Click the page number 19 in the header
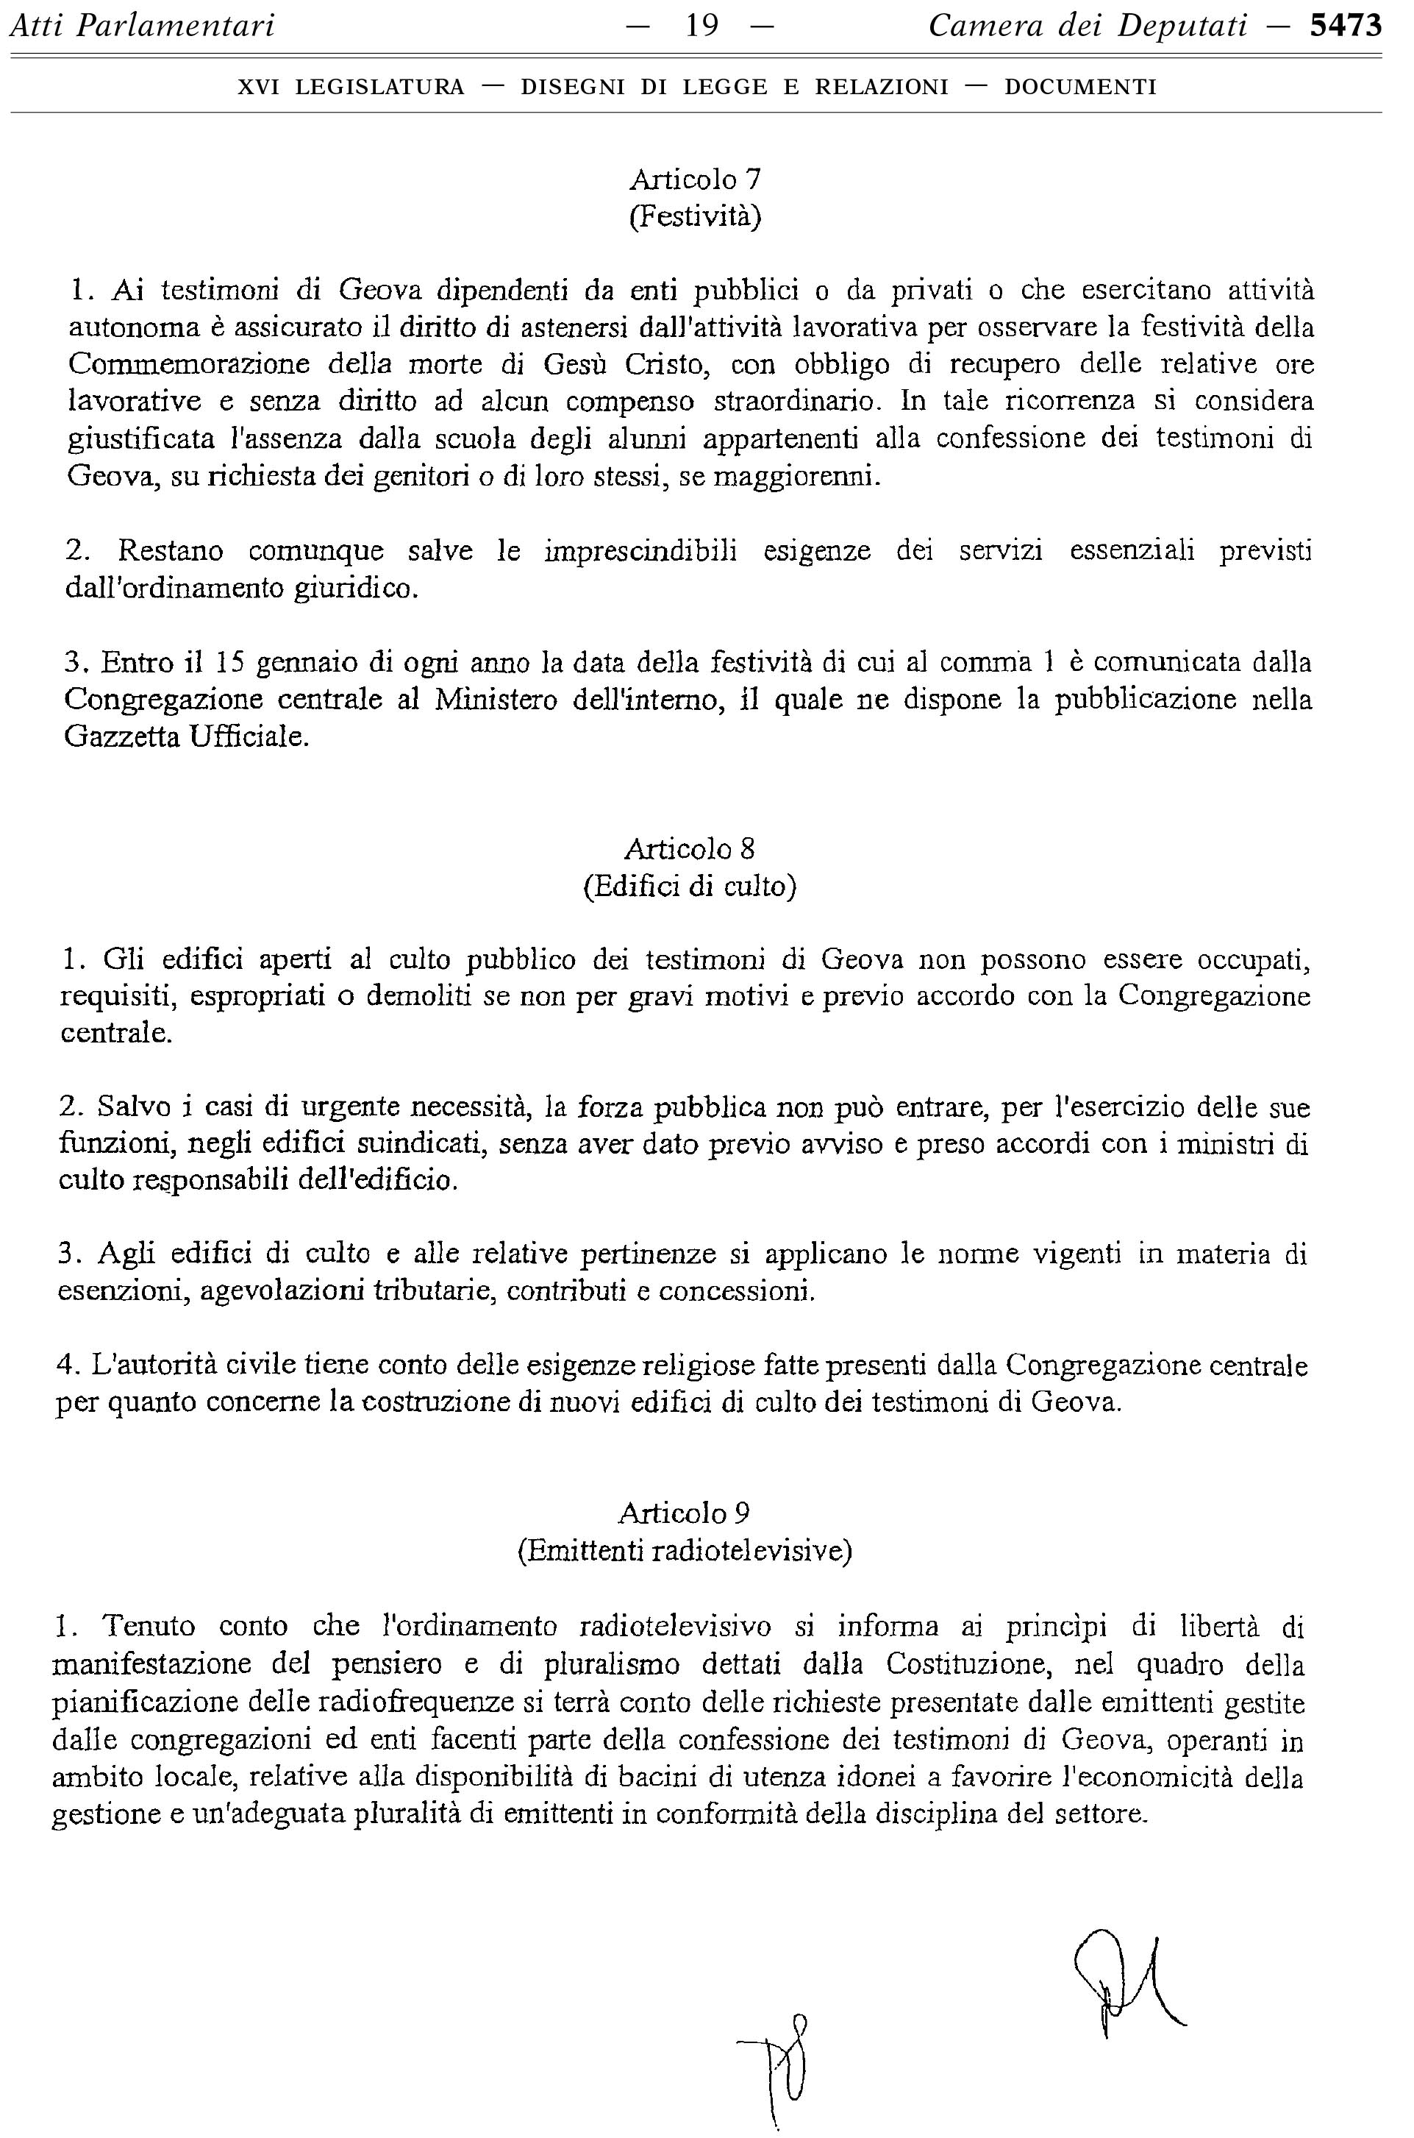pos(701,26)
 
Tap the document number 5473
pos(1346,26)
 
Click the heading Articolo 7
pos(694,180)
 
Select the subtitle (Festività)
pos(694,218)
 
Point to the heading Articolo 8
pos(690,849)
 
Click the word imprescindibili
pos(640,550)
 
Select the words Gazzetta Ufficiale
pos(187,737)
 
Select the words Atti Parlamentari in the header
pos(142,26)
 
